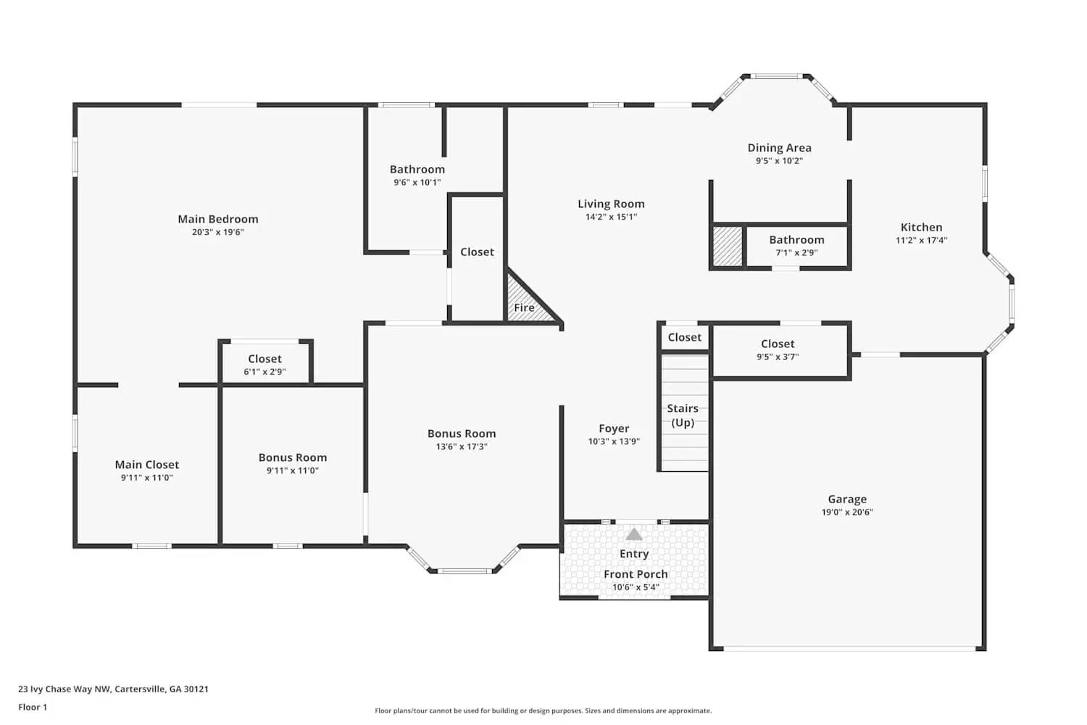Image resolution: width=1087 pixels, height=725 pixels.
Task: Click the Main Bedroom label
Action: pyautogui.click(x=218, y=219)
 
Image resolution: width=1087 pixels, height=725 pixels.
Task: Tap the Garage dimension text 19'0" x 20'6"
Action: pyautogui.click(x=846, y=513)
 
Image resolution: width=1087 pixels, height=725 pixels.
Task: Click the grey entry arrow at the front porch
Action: pyautogui.click(x=634, y=535)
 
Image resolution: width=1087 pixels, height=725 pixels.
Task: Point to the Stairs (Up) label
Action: pyautogui.click(x=683, y=415)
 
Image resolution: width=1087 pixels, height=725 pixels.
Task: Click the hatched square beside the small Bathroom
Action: pyautogui.click(x=728, y=246)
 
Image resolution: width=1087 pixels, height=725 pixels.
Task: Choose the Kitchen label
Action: pyautogui.click(x=921, y=227)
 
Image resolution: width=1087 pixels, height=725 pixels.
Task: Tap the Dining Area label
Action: pyautogui.click(x=779, y=148)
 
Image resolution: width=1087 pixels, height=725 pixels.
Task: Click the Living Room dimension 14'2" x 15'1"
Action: pyautogui.click(x=611, y=217)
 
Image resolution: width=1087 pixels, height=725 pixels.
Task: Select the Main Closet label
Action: pyautogui.click(x=146, y=465)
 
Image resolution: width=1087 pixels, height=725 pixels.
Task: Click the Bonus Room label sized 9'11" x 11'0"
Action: pyautogui.click(x=293, y=457)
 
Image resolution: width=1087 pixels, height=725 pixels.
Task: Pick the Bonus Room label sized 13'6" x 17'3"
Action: pyautogui.click(x=462, y=434)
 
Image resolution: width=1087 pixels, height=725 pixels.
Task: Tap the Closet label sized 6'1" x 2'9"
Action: pyautogui.click(x=265, y=359)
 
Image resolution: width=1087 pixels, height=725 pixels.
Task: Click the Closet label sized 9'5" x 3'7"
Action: pyautogui.click(x=778, y=344)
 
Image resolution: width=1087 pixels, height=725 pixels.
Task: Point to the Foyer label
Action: pyautogui.click(x=614, y=428)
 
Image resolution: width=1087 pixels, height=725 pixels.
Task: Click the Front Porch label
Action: pyautogui.click(x=636, y=574)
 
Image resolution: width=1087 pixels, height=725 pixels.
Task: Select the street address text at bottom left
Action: pyautogui.click(x=113, y=689)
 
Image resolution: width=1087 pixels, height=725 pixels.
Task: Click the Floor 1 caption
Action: pyautogui.click(x=33, y=708)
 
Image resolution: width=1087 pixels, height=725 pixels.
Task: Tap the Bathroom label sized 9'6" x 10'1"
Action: pyautogui.click(x=417, y=170)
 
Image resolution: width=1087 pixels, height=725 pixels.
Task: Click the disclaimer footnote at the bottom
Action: pyautogui.click(x=543, y=711)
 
